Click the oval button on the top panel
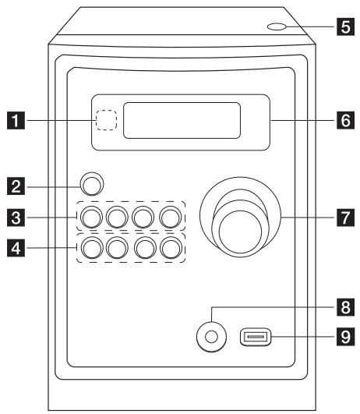click(x=275, y=29)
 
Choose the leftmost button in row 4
click(x=90, y=249)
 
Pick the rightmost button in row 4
click(x=169, y=249)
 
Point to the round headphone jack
click(x=206, y=338)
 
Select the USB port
click(x=253, y=338)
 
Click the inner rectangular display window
click(x=181, y=120)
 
